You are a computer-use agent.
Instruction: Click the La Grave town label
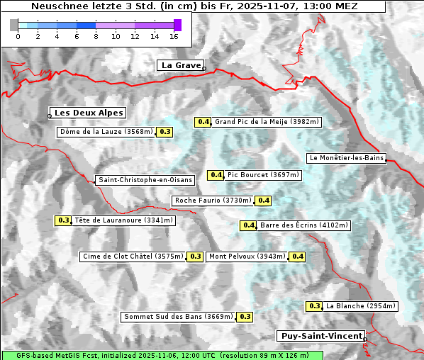(180, 65)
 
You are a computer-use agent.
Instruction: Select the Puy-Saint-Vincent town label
(321, 336)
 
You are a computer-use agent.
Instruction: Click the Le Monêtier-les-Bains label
(346, 158)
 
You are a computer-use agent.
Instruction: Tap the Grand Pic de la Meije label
(267, 122)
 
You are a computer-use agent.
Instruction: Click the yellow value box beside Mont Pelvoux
(297, 257)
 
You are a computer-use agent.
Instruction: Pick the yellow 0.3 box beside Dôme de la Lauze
(164, 132)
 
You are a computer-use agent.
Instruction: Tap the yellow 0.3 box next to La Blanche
(315, 306)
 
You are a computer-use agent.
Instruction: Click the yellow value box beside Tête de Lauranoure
(63, 220)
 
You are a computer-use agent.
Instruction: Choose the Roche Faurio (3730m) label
(213, 201)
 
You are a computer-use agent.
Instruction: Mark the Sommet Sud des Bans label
(178, 317)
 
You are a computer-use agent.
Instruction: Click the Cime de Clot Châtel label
(133, 257)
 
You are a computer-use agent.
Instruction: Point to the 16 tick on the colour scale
(174, 36)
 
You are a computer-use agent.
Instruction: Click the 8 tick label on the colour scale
(96, 36)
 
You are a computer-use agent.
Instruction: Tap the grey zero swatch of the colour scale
(14, 25)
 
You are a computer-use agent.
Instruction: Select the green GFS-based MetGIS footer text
(162, 355)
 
